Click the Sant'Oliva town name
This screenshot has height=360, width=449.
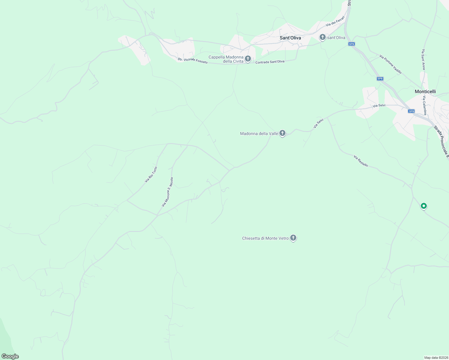pyautogui.click(x=290, y=38)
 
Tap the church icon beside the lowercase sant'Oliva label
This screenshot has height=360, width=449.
pyautogui.click(x=323, y=37)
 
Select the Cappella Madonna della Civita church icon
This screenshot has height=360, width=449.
pyautogui.click(x=248, y=59)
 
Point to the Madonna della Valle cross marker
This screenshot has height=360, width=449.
pyautogui.click(x=282, y=133)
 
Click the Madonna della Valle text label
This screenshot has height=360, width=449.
pyautogui.click(x=259, y=133)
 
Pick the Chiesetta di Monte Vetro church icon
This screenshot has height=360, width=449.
pyautogui.click(x=293, y=238)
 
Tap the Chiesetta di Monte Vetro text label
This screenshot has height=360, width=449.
pyautogui.click(x=265, y=238)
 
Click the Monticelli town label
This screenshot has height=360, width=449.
pyautogui.click(x=425, y=91)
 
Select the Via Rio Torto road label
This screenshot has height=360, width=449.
pyautogui.click(x=151, y=175)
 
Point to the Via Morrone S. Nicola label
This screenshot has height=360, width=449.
pyautogui.click(x=167, y=192)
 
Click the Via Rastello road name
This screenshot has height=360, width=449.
pyautogui.click(x=361, y=161)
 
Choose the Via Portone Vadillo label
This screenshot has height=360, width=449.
pyautogui.click(x=390, y=64)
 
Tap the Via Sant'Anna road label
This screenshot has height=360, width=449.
pyautogui.click(x=423, y=59)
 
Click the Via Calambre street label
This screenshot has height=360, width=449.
pyautogui.click(x=425, y=106)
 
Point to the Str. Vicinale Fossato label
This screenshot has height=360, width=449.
pyautogui.click(x=192, y=60)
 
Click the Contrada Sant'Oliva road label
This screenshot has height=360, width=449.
pyautogui.click(x=270, y=62)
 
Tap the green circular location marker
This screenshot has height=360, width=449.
pyautogui.click(x=423, y=206)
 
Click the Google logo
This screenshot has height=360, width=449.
pyautogui.click(x=10, y=356)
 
